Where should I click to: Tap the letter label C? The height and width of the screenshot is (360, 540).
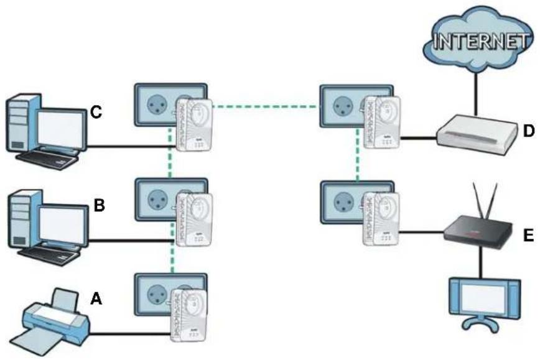coord(96,112)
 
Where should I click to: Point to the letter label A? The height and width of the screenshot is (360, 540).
coord(96,299)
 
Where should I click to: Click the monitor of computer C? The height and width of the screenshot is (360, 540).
coord(60,131)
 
